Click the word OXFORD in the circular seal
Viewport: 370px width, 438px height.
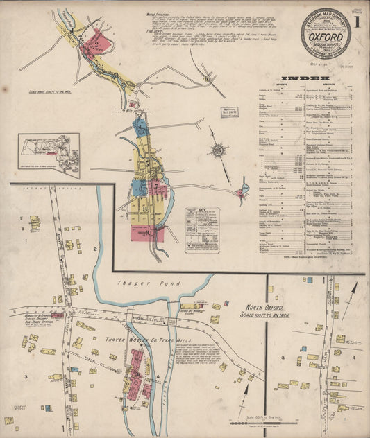(x=326, y=32)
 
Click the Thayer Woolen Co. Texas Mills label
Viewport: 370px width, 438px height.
(x=144, y=340)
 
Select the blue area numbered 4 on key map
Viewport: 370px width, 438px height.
(x=140, y=127)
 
